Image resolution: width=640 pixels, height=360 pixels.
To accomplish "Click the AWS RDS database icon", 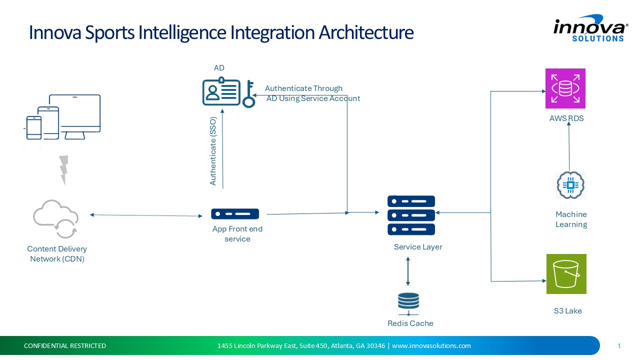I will point(565,88).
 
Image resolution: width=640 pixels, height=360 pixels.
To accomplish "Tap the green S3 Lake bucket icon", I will point(566,274).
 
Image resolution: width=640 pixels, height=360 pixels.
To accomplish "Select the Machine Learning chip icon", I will point(570,185).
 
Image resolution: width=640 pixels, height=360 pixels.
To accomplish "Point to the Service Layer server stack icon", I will point(411,215).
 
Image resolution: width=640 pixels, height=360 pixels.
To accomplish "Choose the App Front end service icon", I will point(235,214).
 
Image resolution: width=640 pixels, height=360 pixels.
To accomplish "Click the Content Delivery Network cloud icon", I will point(55,219).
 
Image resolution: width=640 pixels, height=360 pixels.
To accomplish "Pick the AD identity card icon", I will point(221,92).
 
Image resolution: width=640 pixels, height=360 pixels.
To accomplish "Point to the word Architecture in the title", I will point(366,32).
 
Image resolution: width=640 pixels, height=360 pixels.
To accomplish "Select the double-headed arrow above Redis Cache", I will point(408,271).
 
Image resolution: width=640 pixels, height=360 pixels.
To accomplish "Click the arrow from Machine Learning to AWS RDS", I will point(569,147).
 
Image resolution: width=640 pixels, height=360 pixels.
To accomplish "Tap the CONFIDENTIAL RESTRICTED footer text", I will point(65,345).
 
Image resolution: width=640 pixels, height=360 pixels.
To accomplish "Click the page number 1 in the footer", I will point(619,345).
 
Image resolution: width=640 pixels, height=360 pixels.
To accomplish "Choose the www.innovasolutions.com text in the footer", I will point(431,345).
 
